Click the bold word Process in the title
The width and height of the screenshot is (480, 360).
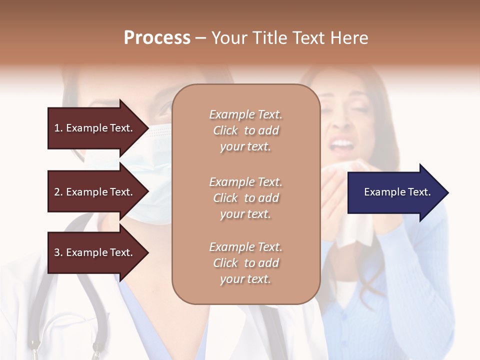pyautogui.click(x=157, y=38)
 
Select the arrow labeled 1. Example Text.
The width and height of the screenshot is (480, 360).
pyautogui.click(x=95, y=128)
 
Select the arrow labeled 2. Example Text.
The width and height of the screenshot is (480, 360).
pyautogui.click(x=95, y=192)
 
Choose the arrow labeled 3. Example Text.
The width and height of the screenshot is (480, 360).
pyautogui.click(x=95, y=252)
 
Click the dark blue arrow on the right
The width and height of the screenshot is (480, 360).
pyautogui.click(x=395, y=192)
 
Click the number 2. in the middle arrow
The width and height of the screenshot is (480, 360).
pyautogui.click(x=59, y=192)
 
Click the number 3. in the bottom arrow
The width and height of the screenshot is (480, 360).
pyautogui.click(x=59, y=252)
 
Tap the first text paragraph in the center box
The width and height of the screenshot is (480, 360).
pyautogui.click(x=245, y=130)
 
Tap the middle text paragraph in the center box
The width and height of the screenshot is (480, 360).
pyautogui.click(x=245, y=198)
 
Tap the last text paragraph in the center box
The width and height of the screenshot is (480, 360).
pyautogui.click(x=245, y=263)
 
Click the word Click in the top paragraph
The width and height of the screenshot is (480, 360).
pyautogui.click(x=225, y=130)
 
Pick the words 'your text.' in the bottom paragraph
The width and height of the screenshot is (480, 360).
pyautogui.click(x=245, y=279)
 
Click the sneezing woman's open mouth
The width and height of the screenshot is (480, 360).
pyautogui.click(x=342, y=145)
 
